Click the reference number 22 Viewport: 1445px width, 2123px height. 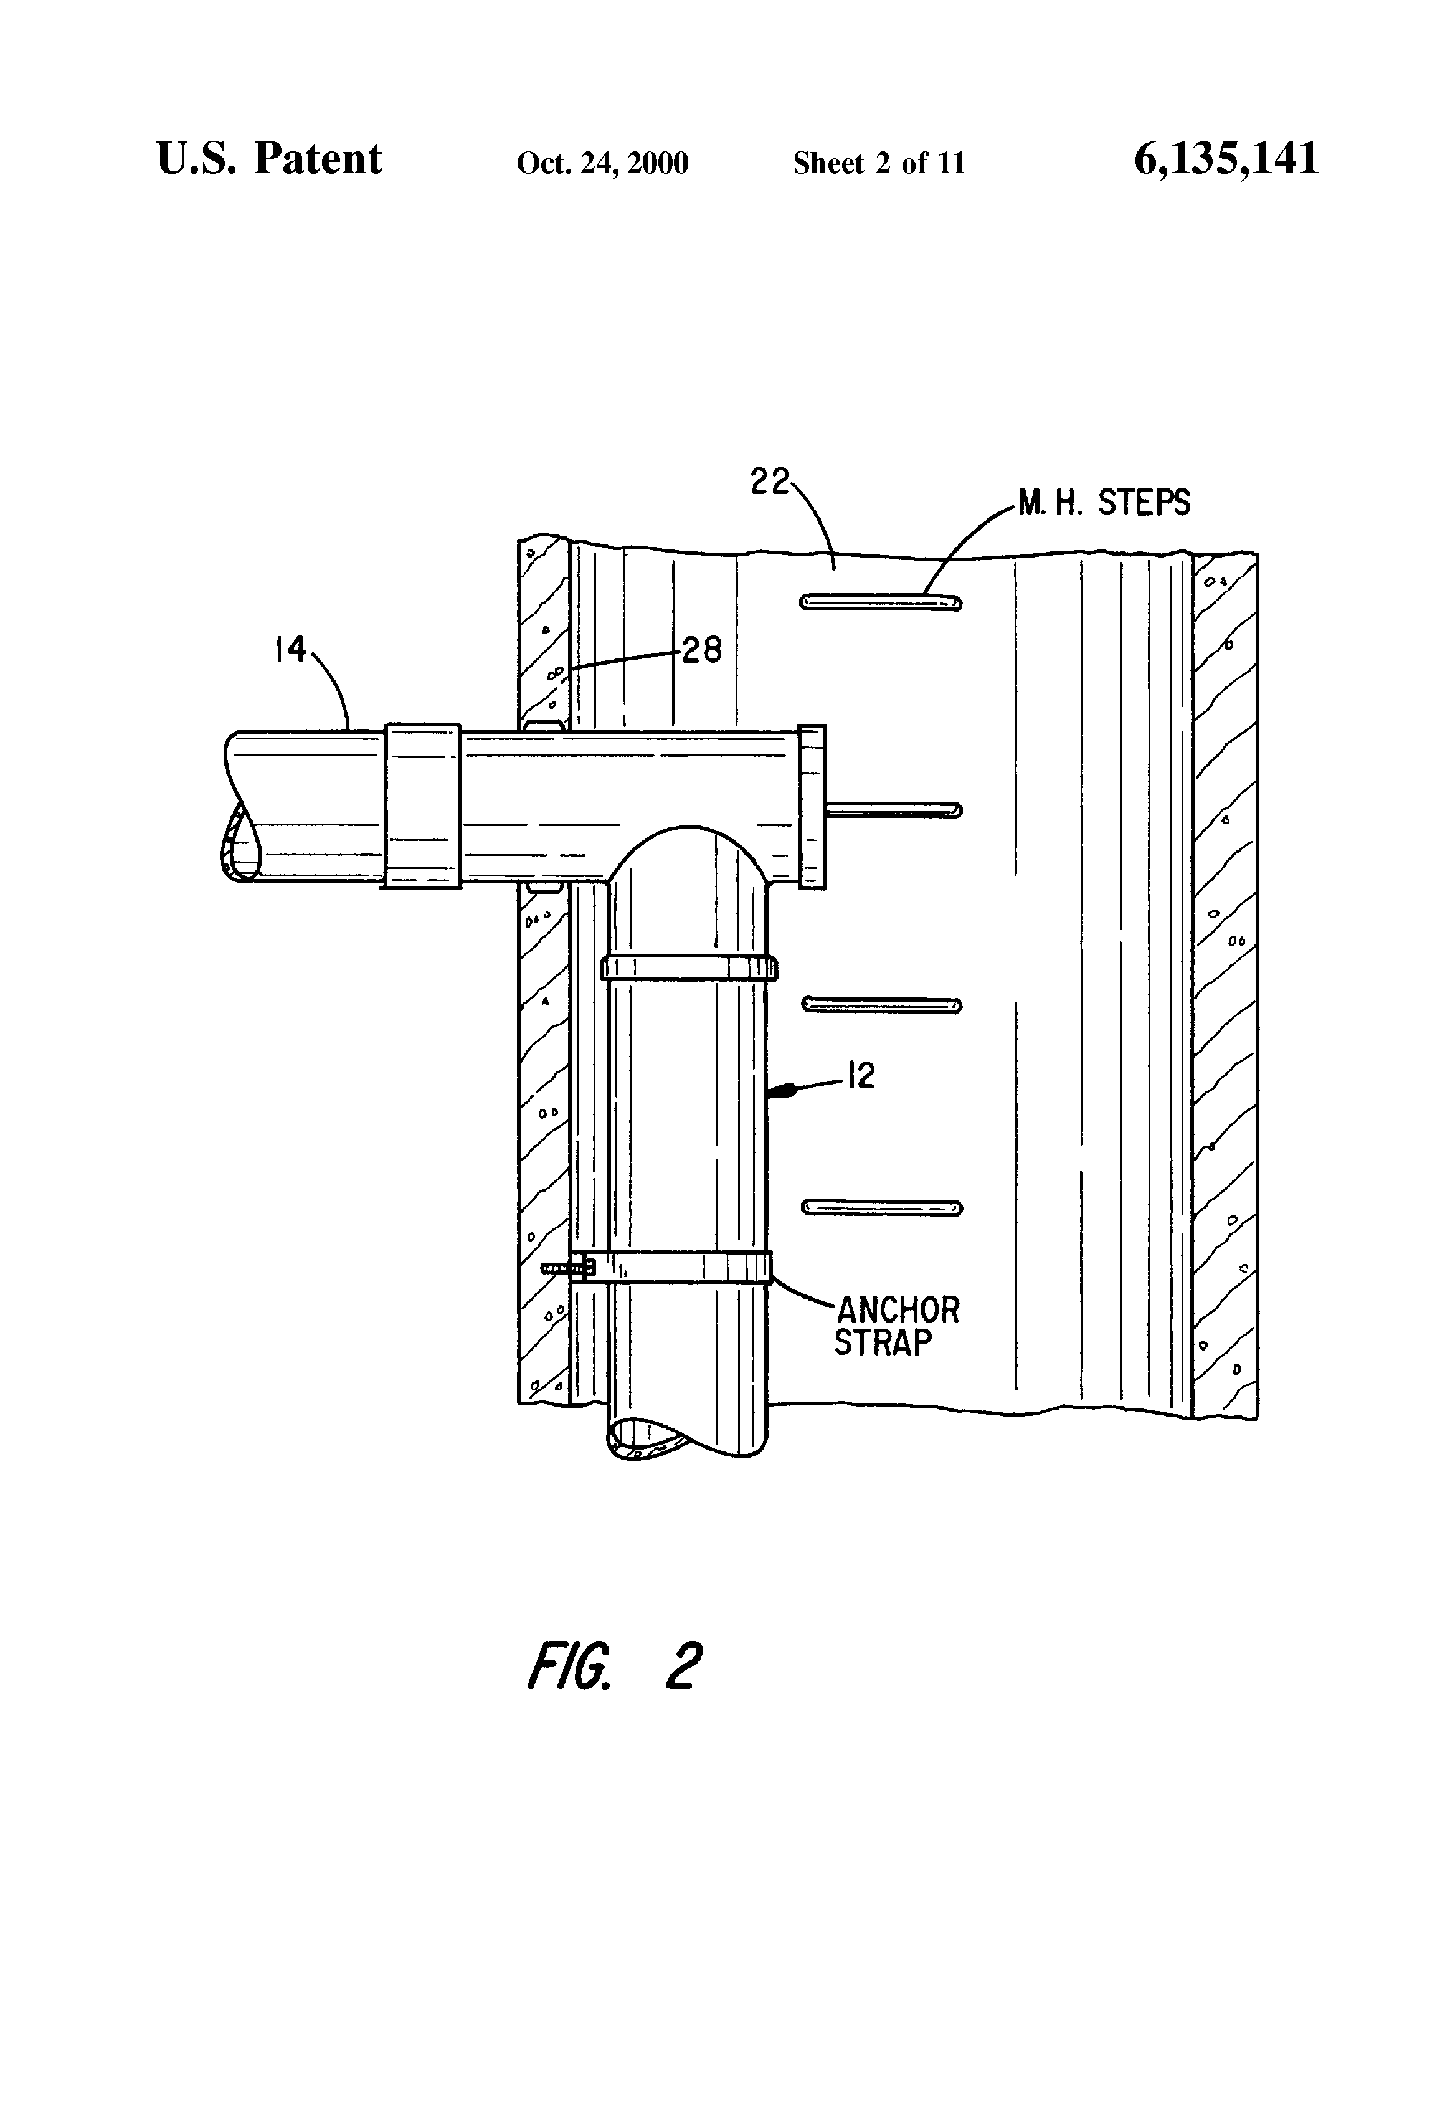click(x=769, y=482)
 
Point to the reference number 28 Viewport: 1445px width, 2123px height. click(x=701, y=650)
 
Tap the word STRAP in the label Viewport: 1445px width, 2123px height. click(x=883, y=1343)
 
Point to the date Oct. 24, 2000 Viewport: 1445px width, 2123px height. click(x=602, y=163)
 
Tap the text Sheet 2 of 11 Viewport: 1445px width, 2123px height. click(x=879, y=163)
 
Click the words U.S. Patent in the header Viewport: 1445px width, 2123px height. click(x=270, y=158)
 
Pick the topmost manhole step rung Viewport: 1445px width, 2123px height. click(x=881, y=601)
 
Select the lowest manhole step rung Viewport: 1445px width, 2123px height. click(x=881, y=1209)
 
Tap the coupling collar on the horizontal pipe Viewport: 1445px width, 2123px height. click(x=422, y=805)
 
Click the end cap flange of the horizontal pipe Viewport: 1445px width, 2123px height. click(x=812, y=805)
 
